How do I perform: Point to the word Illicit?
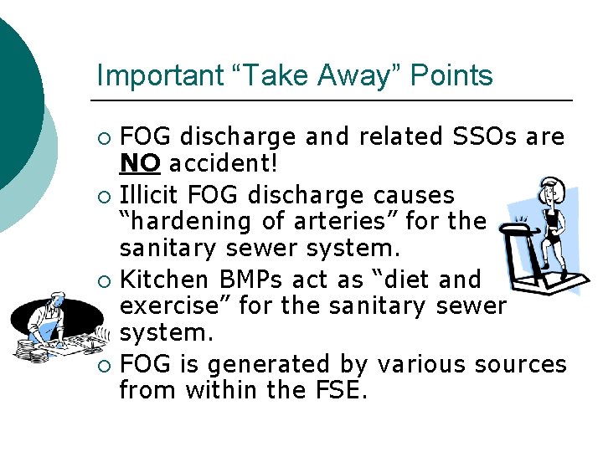click(150, 195)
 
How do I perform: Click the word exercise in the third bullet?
click(174, 306)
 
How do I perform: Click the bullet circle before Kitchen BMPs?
click(103, 280)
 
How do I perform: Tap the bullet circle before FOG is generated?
click(103, 365)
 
